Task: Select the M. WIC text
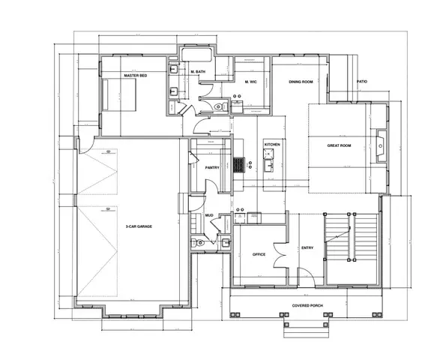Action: coord(251,81)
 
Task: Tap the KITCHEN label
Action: coord(271,144)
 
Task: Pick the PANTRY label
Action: coord(212,167)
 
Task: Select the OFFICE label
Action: coord(259,254)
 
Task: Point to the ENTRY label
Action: coord(307,247)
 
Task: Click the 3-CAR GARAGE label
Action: coord(139,225)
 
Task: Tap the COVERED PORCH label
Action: coord(307,306)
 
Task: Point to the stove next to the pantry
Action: coord(239,164)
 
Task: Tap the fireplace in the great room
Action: coord(382,144)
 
